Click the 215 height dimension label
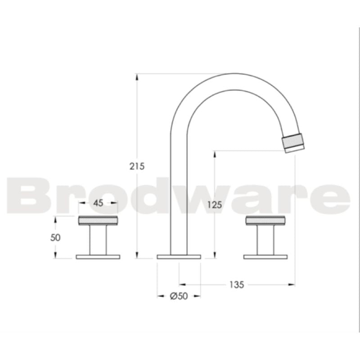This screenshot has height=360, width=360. pyautogui.click(x=137, y=166)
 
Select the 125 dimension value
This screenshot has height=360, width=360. pyautogui.click(x=215, y=205)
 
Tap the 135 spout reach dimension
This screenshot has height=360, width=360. pyautogui.click(x=236, y=284)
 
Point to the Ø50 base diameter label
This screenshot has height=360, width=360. pyautogui.click(x=179, y=296)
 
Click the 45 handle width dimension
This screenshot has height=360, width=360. pyautogui.click(x=98, y=203)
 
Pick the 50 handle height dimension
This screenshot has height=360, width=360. pyautogui.click(x=55, y=237)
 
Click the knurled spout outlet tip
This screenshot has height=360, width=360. pyautogui.click(x=294, y=142)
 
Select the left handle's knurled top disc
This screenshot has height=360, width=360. pyautogui.click(x=98, y=220)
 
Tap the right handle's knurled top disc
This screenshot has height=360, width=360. pyautogui.click(x=265, y=220)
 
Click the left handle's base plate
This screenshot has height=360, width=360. pyautogui.click(x=98, y=256)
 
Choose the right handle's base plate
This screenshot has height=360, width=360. pyautogui.click(x=265, y=256)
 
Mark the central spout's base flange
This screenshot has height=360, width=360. pyautogui.click(x=179, y=256)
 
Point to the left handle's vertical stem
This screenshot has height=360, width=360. pyautogui.click(x=98, y=239)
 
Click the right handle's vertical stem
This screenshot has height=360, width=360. pyautogui.click(x=265, y=239)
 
